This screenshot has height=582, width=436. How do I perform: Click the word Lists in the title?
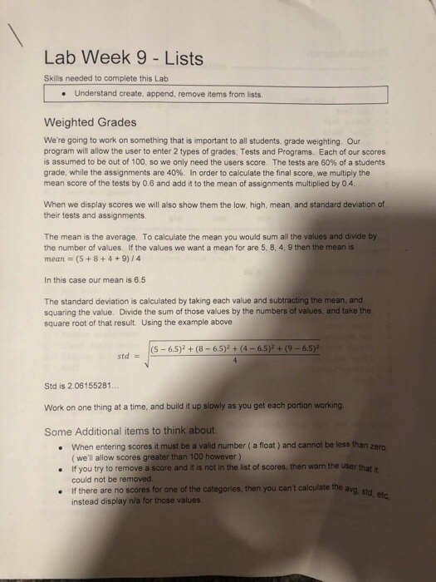click(181, 58)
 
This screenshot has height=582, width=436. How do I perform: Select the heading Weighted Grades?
click(90, 122)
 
